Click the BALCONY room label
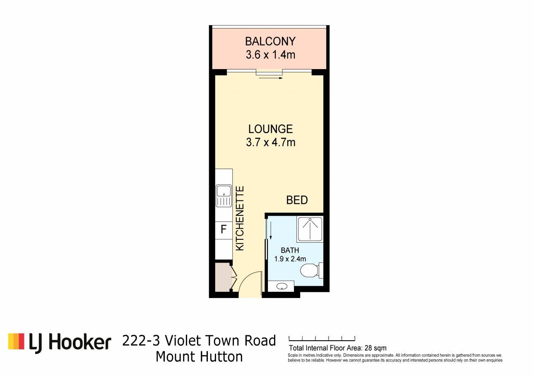click(270, 41)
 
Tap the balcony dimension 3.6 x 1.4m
click(270, 55)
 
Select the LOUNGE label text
click(270, 129)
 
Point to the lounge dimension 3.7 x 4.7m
click(270, 142)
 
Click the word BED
click(297, 200)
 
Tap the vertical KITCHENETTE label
click(240, 218)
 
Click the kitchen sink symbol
click(224, 196)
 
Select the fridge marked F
click(224, 230)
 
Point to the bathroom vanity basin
click(281, 286)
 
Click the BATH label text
click(290, 251)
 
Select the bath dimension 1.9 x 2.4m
click(290, 259)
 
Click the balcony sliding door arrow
click(271, 78)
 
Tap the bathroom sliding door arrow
click(271, 230)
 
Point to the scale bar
click(322, 339)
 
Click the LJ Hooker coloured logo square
click(16, 341)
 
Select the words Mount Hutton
click(199, 357)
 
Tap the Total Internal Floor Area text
click(337, 348)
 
